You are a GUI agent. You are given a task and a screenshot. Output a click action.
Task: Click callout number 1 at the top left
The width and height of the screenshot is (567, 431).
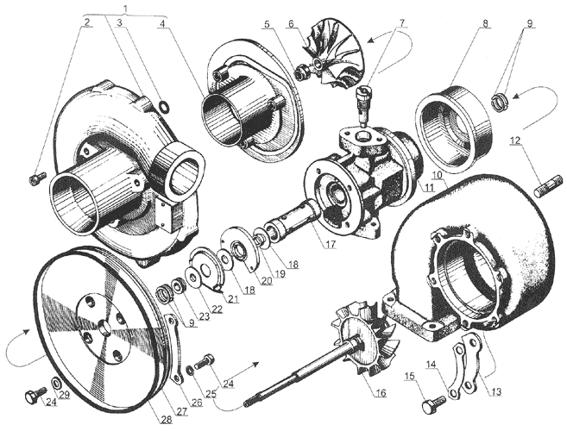coord(125,6)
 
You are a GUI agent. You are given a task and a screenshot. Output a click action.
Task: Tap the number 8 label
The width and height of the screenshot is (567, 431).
coord(485,23)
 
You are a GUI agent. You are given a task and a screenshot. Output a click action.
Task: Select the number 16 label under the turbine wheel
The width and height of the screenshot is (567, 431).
coord(381,392)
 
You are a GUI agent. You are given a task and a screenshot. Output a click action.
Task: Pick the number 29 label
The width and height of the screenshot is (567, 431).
coord(65,396)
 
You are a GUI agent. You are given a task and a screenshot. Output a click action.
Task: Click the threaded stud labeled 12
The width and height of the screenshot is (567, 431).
coord(548,184)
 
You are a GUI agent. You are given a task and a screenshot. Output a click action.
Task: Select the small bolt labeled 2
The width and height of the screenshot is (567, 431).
coord(36,177)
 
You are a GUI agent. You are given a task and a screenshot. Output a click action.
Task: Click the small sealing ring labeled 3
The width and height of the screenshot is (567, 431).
coord(164,106)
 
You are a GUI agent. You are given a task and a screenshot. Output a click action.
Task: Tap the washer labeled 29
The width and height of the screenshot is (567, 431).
coord(56,383)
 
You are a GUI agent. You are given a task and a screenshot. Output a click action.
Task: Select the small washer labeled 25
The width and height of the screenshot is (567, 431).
coord(189,370)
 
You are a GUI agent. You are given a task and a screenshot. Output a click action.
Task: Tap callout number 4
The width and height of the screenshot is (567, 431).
coord(163,23)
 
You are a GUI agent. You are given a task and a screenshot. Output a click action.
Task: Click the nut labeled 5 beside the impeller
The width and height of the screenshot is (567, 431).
coord(302,72)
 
